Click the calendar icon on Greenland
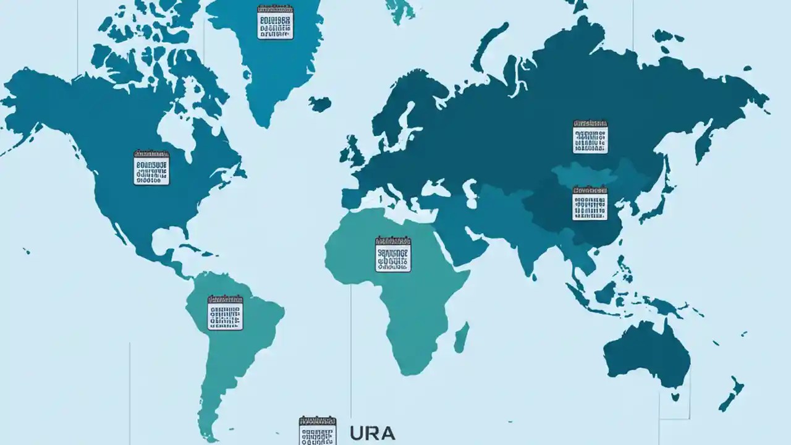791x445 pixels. click(x=275, y=22)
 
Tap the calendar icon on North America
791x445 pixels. click(x=151, y=167)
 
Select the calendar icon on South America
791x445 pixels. click(x=225, y=312)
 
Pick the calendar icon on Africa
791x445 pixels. click(x=393, y=254)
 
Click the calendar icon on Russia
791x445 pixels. click(x=590, y=137)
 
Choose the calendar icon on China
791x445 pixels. click(x=590, y=203)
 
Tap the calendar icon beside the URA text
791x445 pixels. click(x=317, y=430)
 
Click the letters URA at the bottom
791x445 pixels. click(x=372, y=433)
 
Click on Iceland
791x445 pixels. click(x=320, y=103)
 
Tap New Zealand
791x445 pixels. click(x=733, y=393)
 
